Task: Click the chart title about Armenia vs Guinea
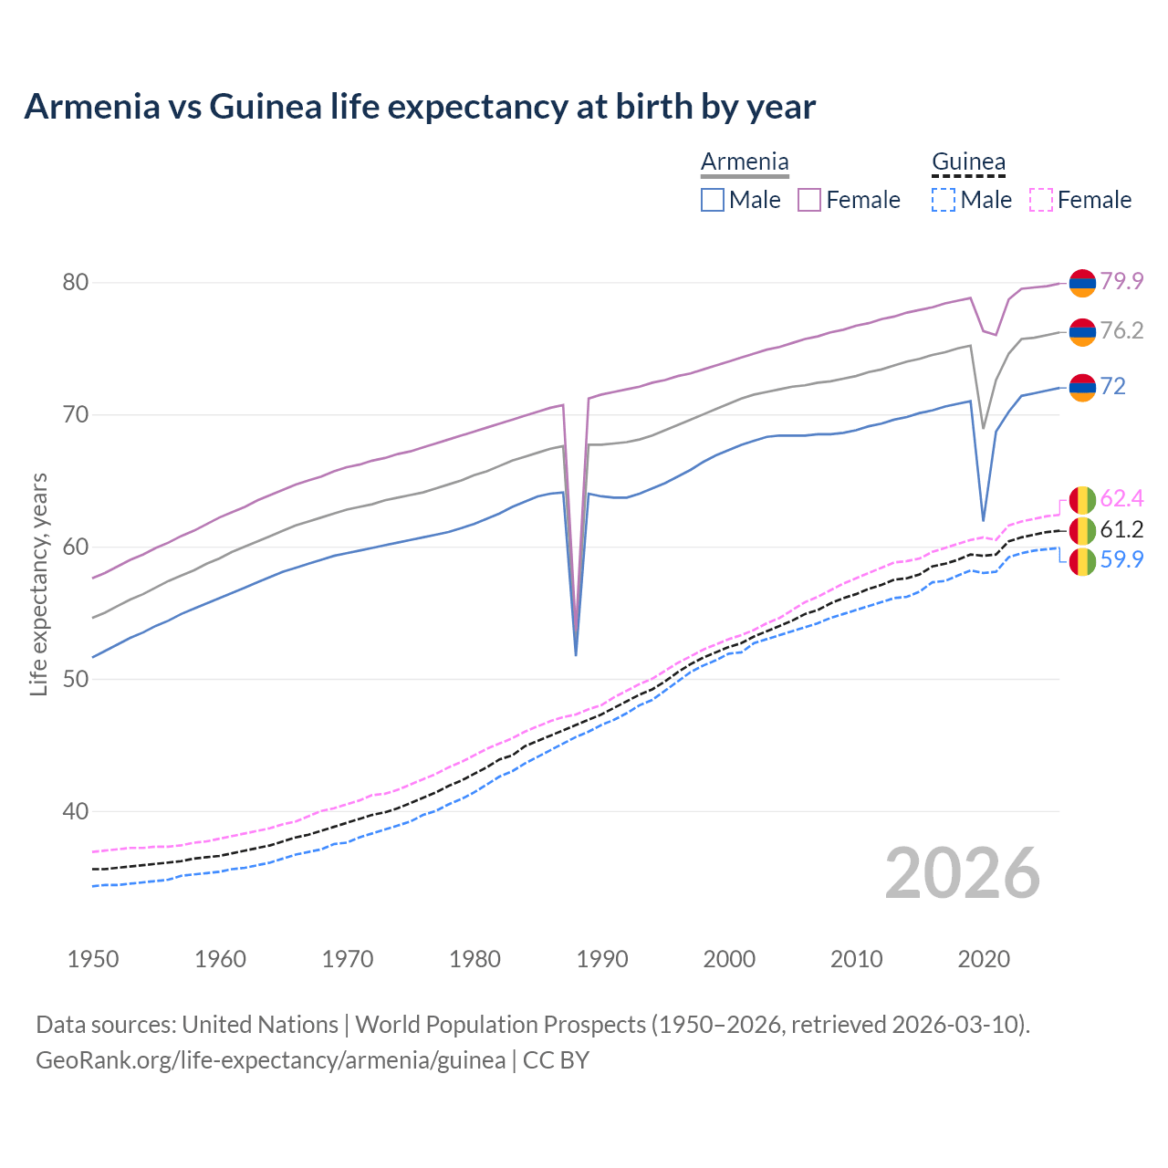click(420, 107)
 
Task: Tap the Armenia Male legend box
click(713, 200)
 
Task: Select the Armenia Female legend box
click(809, 200)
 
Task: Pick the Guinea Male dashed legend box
click(944, 200)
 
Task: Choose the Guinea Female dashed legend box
click(1041, 200)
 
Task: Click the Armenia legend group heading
click(745, 162)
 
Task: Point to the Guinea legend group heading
click(968, 162)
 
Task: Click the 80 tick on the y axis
click(76, 283)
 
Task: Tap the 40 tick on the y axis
click(76, 811)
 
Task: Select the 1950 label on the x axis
click(93, 959)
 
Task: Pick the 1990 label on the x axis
click(602, 959)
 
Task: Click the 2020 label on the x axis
click(984, 959)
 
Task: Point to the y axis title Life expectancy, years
click(38, 584)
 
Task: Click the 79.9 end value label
click(1121, 281)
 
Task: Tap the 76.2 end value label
click(1121, 330)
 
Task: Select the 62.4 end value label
click(1121, 498)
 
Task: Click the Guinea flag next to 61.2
click(1082, 530)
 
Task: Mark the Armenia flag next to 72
click(1082, 387)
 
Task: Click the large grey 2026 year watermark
click(963, 873)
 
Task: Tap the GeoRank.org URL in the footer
click(270, 1060)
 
